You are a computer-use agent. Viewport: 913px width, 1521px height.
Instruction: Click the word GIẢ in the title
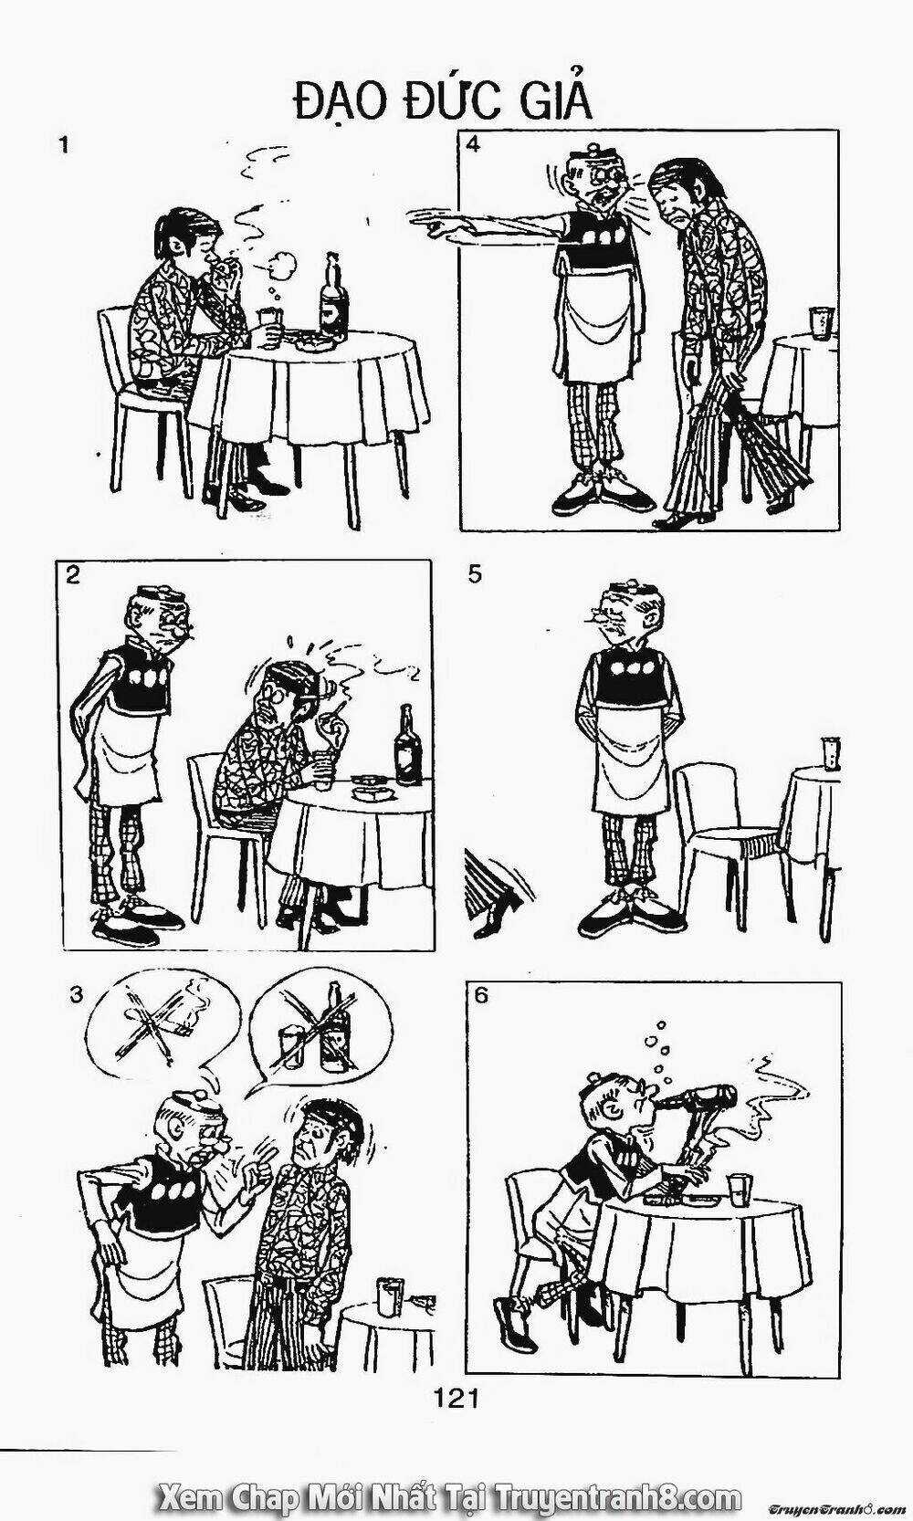556,102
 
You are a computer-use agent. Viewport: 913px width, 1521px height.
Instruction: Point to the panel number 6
481,995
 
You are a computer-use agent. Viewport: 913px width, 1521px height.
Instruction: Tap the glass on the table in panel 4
820,321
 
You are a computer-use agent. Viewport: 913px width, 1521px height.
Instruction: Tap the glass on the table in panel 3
391,1298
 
